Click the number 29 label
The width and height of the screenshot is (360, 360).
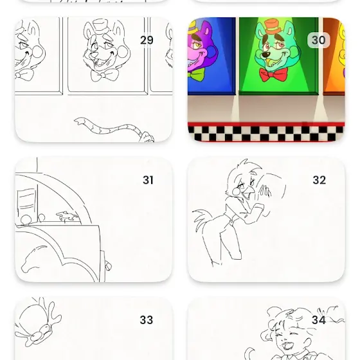pos(147,40)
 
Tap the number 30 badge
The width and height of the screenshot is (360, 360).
pos(318,40)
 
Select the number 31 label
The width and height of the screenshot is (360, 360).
pos(148,180)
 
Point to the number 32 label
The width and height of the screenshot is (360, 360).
pos(319,180)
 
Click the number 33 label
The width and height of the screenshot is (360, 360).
pos(147,320)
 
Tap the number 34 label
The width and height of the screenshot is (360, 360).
pos(319,320)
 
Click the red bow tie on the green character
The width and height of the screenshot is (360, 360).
pos(273,75)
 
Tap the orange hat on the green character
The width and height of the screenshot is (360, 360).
pos(273,27)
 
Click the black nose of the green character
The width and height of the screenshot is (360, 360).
pos(266,55)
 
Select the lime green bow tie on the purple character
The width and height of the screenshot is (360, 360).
pos(196,75)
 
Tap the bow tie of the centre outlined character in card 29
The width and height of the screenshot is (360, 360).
pos(104,75)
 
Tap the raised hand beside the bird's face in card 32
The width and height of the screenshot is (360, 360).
pos(264,191)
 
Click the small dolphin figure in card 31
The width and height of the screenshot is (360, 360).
pos(67,216)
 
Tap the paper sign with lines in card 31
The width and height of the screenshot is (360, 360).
pos(26,200)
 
